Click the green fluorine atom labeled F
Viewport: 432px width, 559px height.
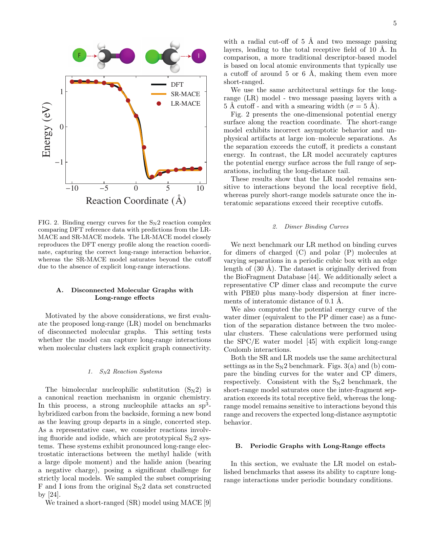80,55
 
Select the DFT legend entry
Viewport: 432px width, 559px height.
177,85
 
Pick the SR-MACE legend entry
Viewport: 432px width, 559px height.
185,94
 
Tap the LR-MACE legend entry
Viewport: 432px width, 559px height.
185,104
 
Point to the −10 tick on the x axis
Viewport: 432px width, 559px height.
72,188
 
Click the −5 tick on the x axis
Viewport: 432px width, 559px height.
104,188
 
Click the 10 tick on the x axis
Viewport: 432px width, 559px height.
200,188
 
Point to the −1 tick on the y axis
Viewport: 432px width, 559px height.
59,162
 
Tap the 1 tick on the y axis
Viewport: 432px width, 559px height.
61,91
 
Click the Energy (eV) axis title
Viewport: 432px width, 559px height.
46,130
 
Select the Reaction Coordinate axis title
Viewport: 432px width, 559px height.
136,201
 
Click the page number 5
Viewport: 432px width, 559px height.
395,23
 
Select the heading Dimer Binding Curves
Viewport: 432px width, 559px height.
316,227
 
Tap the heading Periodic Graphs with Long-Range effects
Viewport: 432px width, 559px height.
317,446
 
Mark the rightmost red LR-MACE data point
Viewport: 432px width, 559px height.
200,169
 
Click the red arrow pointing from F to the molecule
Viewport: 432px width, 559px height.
92,56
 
